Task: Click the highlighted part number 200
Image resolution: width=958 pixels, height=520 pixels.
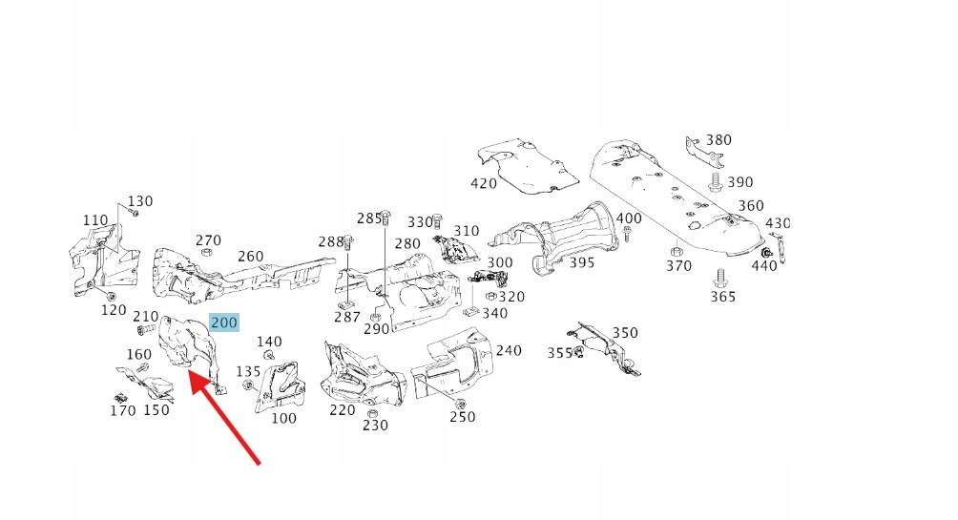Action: click(224, 322)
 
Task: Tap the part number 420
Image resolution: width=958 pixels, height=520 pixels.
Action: click(484, 183)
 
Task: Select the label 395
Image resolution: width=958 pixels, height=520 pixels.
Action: click(582, 261)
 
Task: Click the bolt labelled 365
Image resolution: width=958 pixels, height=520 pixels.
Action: click(720, 280)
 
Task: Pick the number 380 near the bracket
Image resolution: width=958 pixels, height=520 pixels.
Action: click(718, 140)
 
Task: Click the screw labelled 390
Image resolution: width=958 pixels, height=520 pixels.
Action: click(716, 180)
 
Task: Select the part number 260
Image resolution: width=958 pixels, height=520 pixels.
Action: click(251, 256)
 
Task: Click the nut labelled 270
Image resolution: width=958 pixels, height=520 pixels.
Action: click(205, 253)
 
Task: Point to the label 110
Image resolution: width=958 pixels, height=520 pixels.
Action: click(95, 220)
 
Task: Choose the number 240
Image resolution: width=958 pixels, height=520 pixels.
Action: click(509, 350)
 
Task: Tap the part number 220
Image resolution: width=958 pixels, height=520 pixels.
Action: click(343, 410)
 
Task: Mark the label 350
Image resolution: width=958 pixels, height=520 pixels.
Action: click(625, 333)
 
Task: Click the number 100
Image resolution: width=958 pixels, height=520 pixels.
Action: click(284, 417)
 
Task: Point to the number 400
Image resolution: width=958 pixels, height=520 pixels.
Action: click(629, 218)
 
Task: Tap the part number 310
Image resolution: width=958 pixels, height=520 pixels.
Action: click(467, 231)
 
